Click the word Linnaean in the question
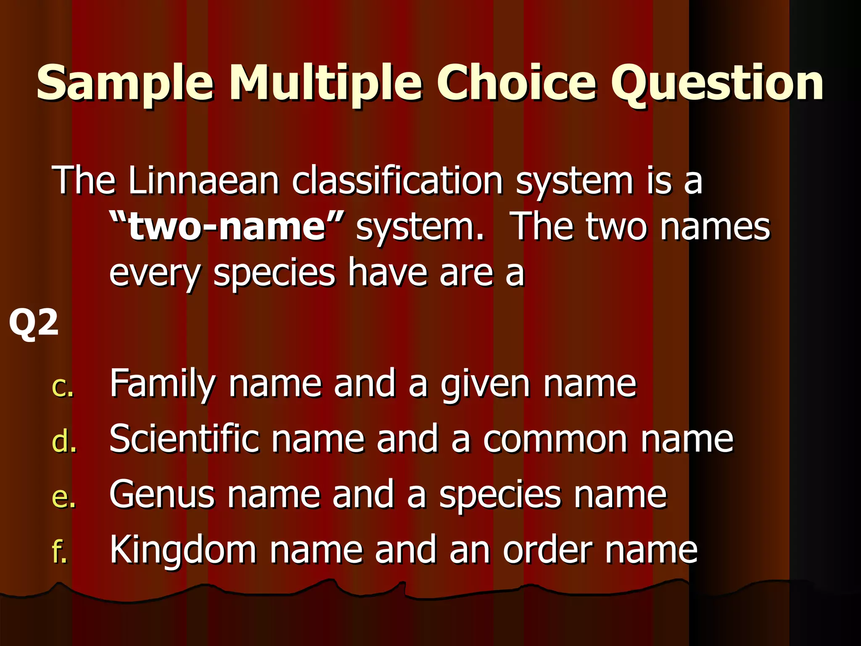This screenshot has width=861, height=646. point(204,181)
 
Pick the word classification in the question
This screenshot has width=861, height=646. point(397,181)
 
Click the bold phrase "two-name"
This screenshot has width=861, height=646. point(227,227)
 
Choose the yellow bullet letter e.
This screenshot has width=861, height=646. point(63,498)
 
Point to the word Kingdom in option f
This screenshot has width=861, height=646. point(183,551)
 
